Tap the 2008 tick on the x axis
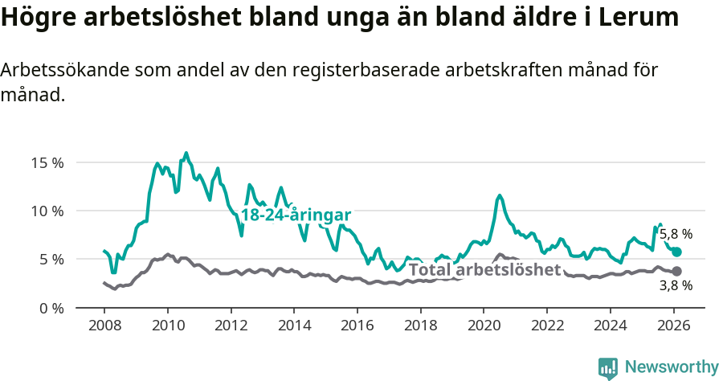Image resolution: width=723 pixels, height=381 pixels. [104, 327]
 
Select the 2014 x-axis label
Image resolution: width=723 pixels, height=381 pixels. [294, 327]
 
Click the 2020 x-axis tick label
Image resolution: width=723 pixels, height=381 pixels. [484, 327]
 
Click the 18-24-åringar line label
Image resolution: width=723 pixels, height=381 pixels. [296, 215]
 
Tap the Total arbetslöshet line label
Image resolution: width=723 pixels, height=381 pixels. [484, 270]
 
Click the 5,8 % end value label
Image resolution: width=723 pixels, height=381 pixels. [676, 235]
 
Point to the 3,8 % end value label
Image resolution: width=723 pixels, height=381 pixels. [676, 285]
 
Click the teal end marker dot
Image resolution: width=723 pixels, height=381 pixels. [677, 252]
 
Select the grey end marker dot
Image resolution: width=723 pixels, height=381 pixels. [677, 272]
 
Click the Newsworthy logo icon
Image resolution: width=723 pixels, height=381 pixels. [608, 367]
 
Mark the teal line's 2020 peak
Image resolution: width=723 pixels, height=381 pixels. [500, 195]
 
